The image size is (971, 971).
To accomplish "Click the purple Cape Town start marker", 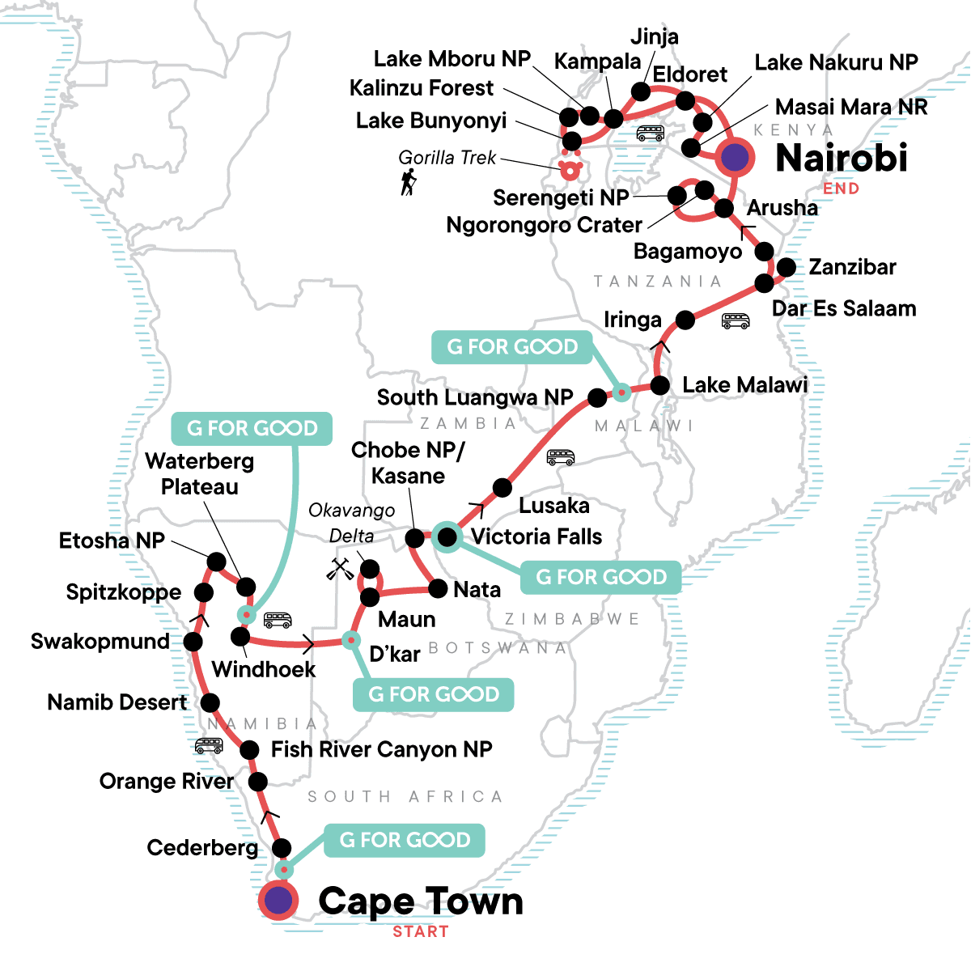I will click(278, 900).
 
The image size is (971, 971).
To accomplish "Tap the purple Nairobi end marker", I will click(734, 157).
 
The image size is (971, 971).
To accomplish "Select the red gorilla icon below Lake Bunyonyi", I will click(570, 168).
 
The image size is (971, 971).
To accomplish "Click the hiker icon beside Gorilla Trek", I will click(409, 182).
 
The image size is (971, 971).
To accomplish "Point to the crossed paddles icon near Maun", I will click(340, 569).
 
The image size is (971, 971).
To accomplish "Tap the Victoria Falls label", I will click(536, 536).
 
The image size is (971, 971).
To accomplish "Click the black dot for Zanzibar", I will click(786, 267).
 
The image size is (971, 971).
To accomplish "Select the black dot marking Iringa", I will click(685, 320).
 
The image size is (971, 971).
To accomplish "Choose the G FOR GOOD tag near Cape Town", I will click(405, 840).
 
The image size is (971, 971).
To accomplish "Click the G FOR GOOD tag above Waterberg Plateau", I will click(252, 428).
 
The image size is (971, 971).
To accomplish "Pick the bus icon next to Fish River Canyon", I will click(209, 745).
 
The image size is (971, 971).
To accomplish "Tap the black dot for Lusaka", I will click(502, 488).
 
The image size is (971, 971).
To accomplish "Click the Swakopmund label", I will click(100, 642).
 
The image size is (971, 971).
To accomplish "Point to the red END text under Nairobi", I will click(841, 189).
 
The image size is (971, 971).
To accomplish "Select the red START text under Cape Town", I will click(420, 931).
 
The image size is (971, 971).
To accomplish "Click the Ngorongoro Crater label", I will click(544, 224).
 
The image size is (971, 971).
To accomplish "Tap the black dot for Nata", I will click(438, 588).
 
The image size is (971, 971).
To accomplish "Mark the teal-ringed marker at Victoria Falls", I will click(446, 536).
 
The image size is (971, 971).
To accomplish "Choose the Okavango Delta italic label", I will click(352, 523).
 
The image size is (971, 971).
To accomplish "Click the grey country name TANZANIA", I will click(657, 281).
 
